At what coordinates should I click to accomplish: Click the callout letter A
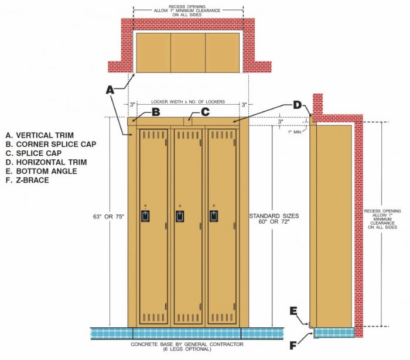click(x=110, y=90)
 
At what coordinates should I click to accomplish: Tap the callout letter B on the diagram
click(x=156, y=112)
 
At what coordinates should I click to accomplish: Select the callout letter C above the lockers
click(x=205, y=112)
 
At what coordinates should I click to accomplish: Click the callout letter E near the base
click(x=294, y=311)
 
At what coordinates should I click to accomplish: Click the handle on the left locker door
click(x=145, y=216)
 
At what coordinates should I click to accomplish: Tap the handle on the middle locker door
click(x=180, y=216)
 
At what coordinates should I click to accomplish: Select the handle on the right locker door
click(x=214, y=216)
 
